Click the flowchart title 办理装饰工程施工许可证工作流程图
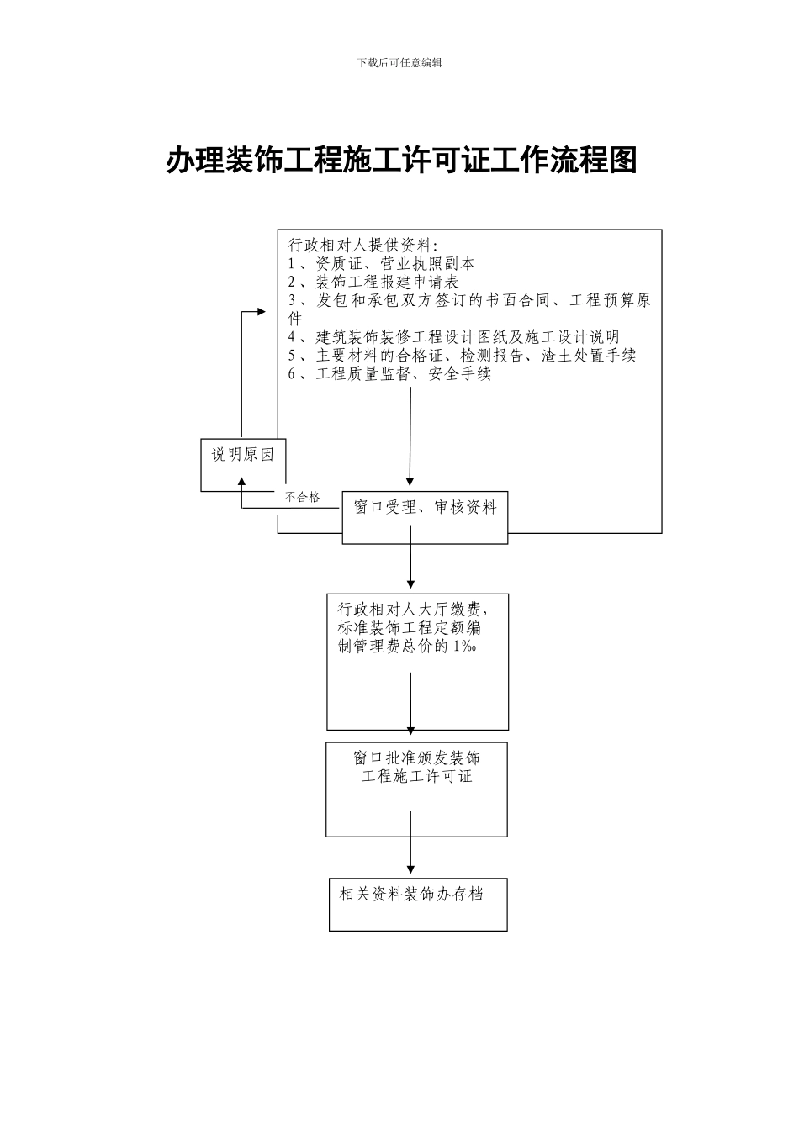pos(401,160)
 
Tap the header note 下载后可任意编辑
pos(399,62)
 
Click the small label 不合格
pos(302,497)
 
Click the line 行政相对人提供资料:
pos(362,245)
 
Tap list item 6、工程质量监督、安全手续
pos(389,374)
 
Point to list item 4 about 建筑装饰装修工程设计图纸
pos(453,337)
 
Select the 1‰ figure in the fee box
pos(465,646)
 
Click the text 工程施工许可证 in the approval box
pos(417,776)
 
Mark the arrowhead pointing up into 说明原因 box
pos(242,481)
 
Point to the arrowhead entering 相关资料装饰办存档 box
pos(411,868)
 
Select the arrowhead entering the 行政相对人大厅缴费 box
pos(411,583)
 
